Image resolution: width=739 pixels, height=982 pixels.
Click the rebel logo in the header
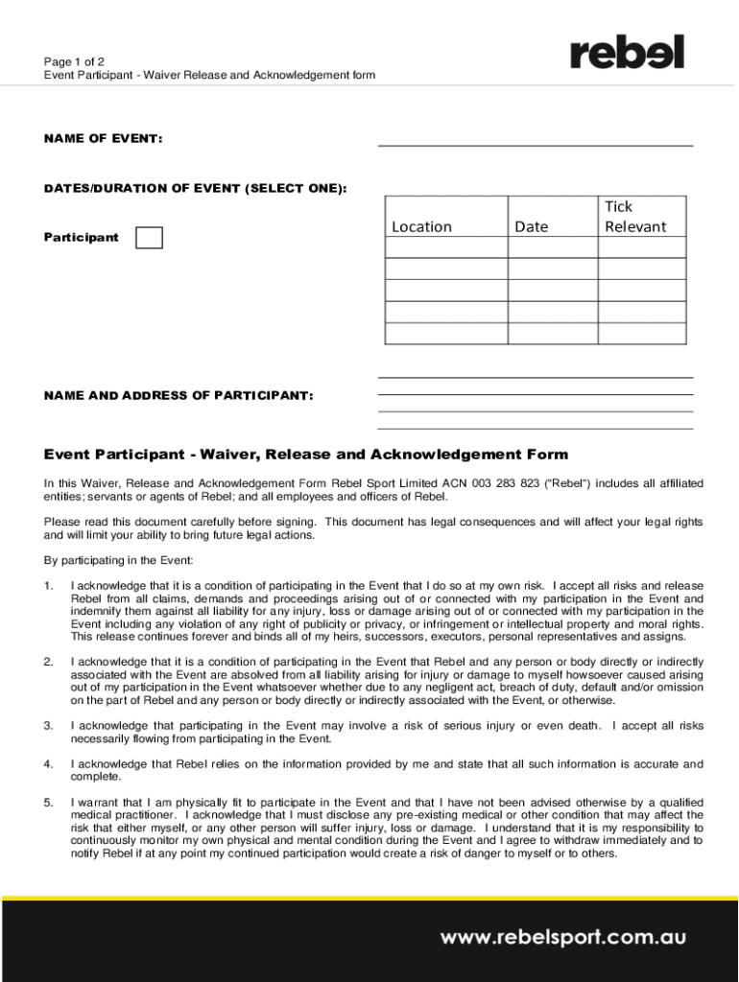click(628, 53)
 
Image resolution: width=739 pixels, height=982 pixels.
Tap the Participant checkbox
click(149, 238)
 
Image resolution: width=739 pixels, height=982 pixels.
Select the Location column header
click(421, 226)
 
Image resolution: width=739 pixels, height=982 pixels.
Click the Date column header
click(532, 226)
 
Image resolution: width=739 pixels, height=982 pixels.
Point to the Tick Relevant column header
click(634, 217)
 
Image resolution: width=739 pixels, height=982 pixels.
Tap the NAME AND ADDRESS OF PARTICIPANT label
click(179, 395)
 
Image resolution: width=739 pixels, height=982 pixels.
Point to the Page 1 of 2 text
click(75, 60)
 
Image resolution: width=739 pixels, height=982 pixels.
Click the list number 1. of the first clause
click(49, 585)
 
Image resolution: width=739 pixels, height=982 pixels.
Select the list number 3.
click(49, 725)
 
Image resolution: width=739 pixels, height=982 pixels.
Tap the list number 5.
click(49, 802)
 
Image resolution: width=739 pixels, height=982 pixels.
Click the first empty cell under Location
click(445, 247)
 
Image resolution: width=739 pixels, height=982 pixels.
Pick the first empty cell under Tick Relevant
click(642, 247)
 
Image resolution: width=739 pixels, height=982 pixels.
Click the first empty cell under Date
click(553, 247)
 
